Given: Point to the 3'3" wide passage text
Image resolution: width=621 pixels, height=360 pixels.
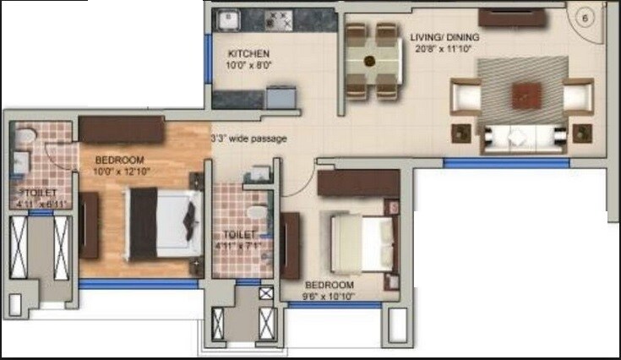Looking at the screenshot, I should pos(248,138).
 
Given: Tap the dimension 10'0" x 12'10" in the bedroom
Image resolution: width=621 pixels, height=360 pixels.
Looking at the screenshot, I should pos(118,172).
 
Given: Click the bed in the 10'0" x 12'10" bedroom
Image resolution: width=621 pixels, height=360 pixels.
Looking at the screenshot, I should pos(164,221).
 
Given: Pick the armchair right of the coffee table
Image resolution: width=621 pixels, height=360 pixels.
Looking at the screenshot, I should pos(579,96).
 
